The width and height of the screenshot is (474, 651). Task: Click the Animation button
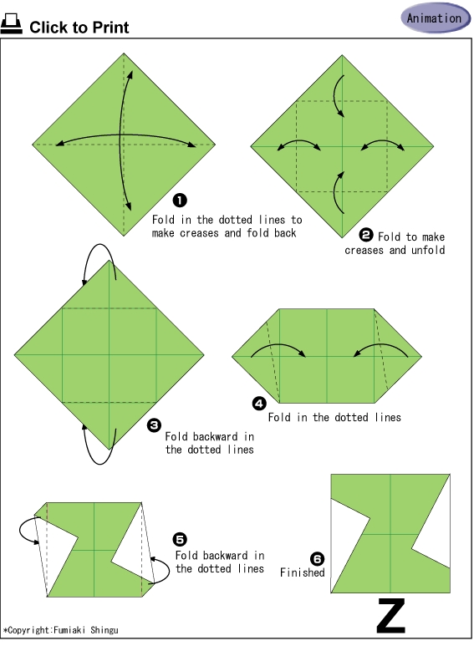pyautogui.click(x=435, y=18)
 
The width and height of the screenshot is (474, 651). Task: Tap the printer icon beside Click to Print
pyautogui.click(x=11, y=24)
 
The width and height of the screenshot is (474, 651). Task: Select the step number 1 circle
pyautogui.click(x=180, y=201)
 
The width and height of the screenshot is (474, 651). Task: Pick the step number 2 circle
pyautogui.click(x=366, y=236)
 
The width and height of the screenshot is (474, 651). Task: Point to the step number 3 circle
pyautogui.click(x=154, y=425)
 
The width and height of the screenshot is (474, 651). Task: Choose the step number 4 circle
pyautogui.click(x=259, y=403)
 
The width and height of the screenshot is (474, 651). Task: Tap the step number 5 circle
pyautogui.click(x=180, y=540)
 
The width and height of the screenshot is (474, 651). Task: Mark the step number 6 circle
pyautogui.click(x=317, y=559)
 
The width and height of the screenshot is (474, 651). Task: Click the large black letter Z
pyautogui.click(x=391, y=615)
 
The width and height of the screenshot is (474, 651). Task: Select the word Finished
pyautogui.click(x=302, y=572)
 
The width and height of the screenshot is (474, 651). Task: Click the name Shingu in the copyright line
pyautogui.click(x=104, y=630)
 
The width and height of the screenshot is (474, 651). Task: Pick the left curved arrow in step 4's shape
pyautogui.click(x=279, y=344)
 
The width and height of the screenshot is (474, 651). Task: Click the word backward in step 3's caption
pyautogui.click(x=215, y=436)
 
